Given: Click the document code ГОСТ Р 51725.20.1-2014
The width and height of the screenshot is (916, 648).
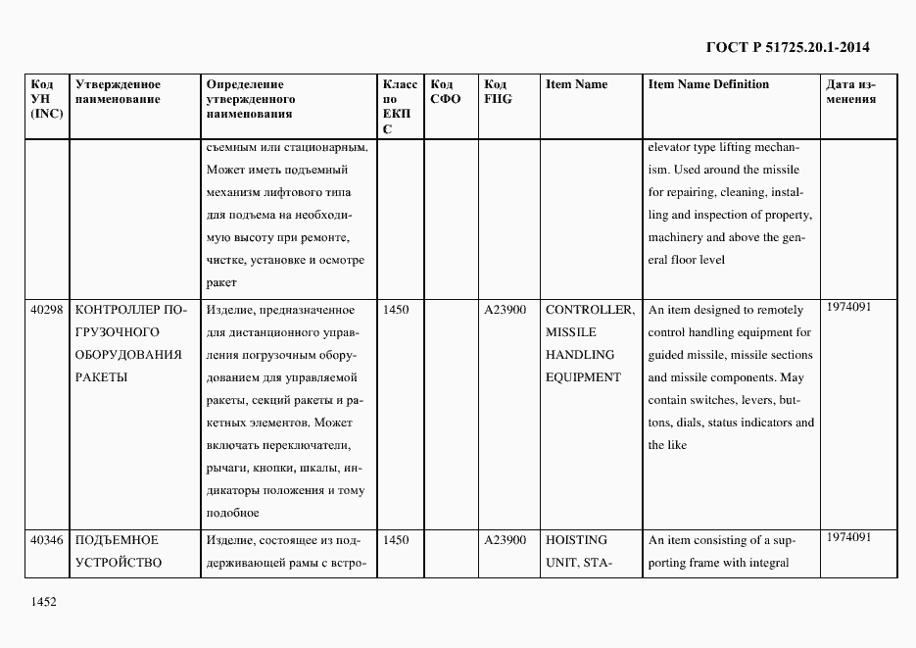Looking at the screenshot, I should tap(788, 47).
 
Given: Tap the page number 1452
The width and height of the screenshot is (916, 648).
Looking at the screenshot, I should tap(43, 602).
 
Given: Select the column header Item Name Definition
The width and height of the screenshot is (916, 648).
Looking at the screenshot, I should tap(708, 84).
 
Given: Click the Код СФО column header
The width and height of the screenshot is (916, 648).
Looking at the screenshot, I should tap(445, 91).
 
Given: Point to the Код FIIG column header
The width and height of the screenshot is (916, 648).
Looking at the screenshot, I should tap(498, 91).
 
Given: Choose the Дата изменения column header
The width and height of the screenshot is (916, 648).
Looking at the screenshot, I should tap(850, 91).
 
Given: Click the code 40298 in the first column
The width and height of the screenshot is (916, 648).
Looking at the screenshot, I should tap(47, 310).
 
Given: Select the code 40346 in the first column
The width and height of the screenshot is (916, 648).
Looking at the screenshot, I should tap(47, 540).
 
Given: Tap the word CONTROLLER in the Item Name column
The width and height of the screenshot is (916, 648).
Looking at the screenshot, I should tap(589, 310).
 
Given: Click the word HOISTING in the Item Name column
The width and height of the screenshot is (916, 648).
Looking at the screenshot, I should tap(576, 540).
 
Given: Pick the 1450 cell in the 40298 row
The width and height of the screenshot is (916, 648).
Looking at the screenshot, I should tap(397, 310).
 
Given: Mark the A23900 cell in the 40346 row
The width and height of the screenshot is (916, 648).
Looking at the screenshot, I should tap(505, 540).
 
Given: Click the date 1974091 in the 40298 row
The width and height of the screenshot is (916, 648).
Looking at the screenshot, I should tap(848, 307).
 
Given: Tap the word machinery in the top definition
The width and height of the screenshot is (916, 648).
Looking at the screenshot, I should tap(675, 237).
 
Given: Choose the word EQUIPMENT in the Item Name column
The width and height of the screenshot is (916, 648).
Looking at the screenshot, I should tap(583, 377).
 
